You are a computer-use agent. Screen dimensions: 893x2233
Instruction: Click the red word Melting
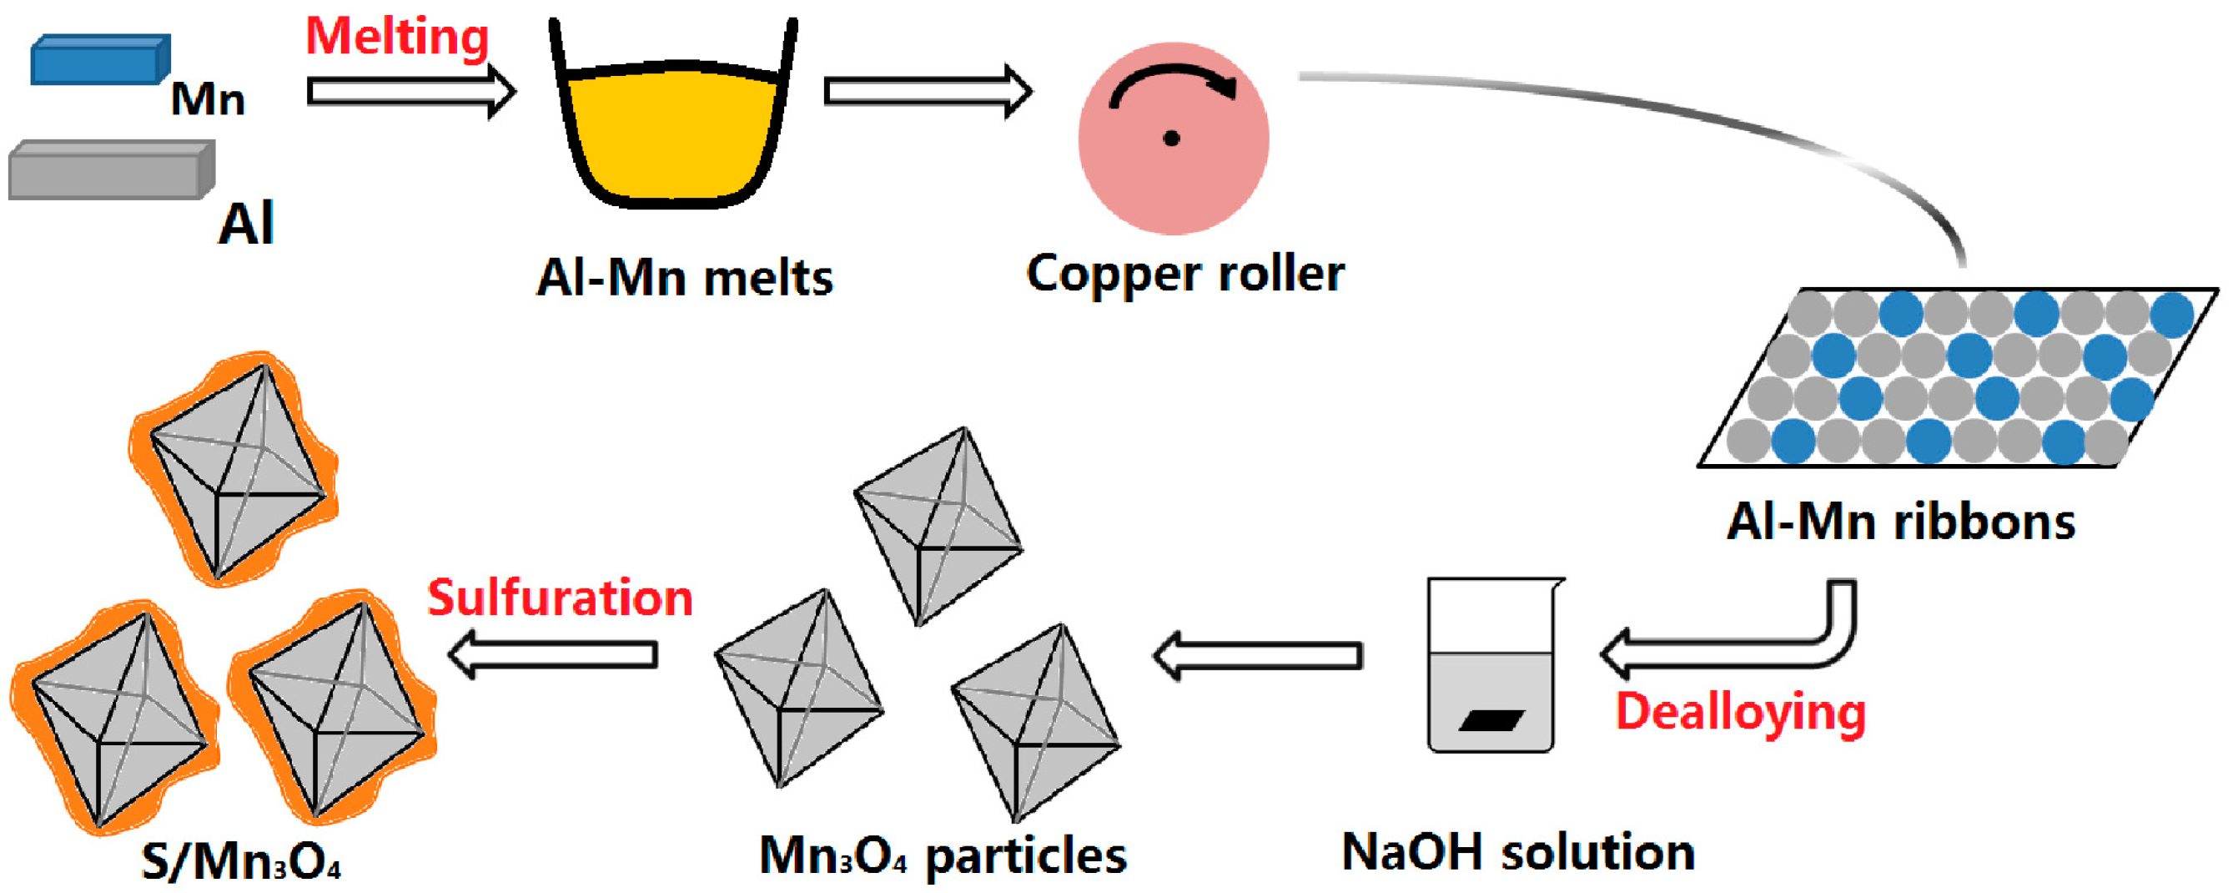(x=397, y=38)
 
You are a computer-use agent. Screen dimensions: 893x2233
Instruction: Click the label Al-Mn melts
(x=684, y=278)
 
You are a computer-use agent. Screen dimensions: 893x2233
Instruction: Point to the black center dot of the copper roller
(x=1171, y=139)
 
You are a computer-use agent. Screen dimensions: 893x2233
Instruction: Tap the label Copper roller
(x=1185, y=274)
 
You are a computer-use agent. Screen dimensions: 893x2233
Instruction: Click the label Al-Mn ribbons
(x=1900, y=522)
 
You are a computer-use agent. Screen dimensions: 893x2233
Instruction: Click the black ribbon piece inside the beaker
(x=1491, y=719)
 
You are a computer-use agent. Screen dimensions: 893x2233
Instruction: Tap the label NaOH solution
(x=1518, y=852)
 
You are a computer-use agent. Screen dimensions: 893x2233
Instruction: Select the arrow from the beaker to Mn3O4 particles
(x=1257, y=655)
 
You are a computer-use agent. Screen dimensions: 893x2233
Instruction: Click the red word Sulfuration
(x=560, y=598)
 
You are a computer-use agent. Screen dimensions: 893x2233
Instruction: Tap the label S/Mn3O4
(x=240, y=862)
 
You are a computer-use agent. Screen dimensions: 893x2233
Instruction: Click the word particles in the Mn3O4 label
(x=1026, y=856)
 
